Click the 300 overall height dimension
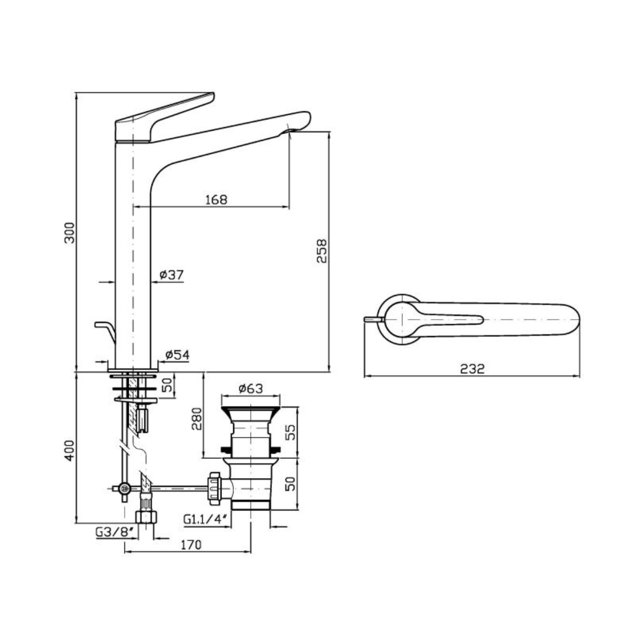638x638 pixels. click(x=70, y=233)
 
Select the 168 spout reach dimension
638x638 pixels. click(x=216, y=200)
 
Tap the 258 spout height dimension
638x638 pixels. click(x=322, y=251)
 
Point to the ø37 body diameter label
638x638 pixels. click(x=171, y=275)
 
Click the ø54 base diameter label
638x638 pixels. click(x=178, y=355)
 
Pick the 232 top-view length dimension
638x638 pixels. click(x=473, y=369)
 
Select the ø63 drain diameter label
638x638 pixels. click(x=251, y=388)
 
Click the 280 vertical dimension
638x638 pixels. click(x=197, y=418)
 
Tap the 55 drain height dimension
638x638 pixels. click(x=290, y=432)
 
